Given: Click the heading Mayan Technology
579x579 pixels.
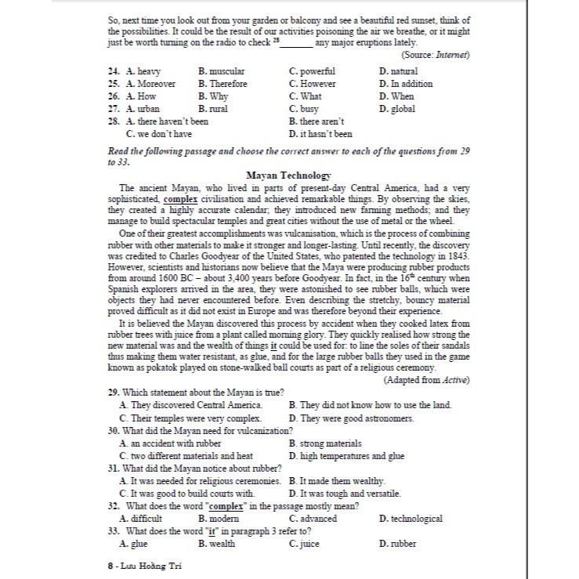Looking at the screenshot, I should (288, 176).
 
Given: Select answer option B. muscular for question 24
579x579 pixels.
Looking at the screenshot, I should (222, 71).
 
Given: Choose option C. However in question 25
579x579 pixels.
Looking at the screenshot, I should (312, 84).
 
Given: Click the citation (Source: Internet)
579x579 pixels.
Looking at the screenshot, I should (435, 55).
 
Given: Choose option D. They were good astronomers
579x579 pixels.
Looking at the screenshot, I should (351, 418).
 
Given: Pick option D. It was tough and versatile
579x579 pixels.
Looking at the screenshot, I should (345, 494).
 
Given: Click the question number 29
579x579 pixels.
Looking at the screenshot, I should (113, 392).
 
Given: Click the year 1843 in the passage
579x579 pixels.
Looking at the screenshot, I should (458, 255).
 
